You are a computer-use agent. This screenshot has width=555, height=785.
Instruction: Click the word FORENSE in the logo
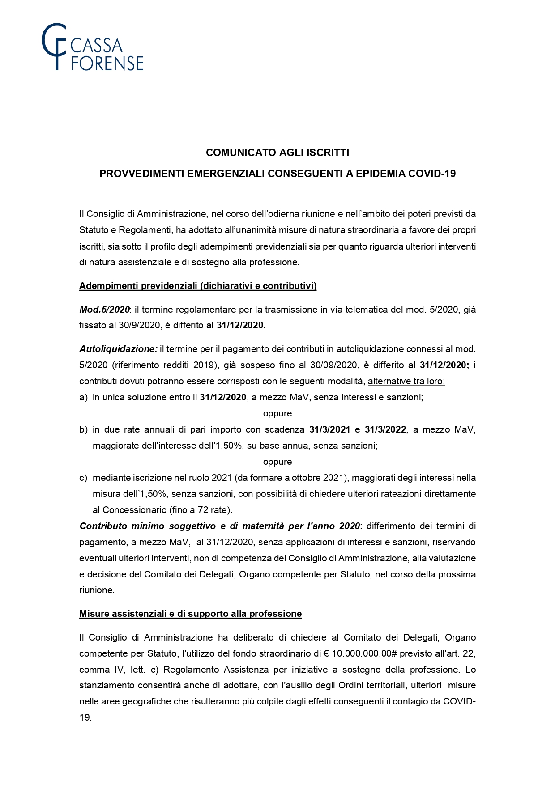point(107,64)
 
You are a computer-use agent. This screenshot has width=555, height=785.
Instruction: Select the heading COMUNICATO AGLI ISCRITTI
point(277,153)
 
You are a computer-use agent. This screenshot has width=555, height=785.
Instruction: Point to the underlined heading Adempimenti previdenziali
point(197,286)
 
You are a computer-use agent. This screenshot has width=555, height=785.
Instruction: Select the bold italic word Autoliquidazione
point(118,349)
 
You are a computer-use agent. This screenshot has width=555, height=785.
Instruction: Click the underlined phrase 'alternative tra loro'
point(406,381)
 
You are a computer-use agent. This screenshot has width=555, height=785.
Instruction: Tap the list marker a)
point(83,397)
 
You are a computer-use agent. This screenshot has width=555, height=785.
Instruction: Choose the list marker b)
point(83,429)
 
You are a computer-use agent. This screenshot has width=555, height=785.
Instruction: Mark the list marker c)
point(83,478)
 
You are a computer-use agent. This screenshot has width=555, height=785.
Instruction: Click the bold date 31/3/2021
point(329,429)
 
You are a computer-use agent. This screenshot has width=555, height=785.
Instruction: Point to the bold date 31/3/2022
point(385,429)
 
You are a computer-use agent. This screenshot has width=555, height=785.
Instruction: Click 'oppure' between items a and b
point(277,413)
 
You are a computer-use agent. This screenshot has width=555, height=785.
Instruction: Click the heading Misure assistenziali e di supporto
point(190,614)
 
